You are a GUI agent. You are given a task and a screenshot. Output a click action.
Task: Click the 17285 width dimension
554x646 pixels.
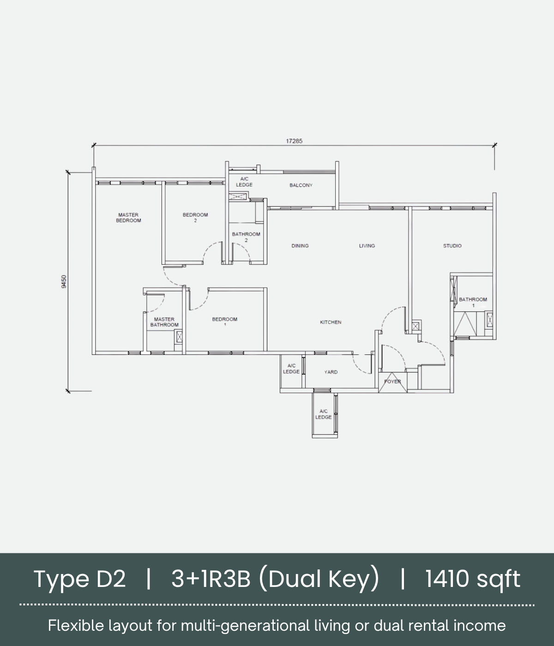coord(294,141)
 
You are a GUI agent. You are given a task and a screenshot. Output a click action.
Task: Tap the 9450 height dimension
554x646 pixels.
coord(64,281)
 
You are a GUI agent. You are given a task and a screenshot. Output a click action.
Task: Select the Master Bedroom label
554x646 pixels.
coord(128,217)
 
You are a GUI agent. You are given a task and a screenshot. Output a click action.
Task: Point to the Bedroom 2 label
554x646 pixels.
coord(195,217)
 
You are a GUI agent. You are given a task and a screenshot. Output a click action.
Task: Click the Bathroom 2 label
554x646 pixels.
coord(246,237)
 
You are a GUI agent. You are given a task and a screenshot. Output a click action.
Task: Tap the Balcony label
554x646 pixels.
coord(301,185)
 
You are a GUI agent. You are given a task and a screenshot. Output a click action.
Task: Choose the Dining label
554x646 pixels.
coord(300,246)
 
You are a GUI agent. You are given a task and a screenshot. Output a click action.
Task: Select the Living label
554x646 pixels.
coord(367,246)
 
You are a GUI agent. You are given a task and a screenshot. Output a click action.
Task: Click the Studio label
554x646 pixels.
coord(452,246)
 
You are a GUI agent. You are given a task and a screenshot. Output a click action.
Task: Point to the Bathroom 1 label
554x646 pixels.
coord(473,302)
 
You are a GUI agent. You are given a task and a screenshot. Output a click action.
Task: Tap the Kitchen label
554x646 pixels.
coord(331,322)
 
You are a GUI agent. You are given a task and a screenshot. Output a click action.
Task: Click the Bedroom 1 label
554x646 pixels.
coord(225,322)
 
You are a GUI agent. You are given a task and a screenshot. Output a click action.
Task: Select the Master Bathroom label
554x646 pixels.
coord(164,322)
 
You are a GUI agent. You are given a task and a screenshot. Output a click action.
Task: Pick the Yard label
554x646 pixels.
coord(331,372)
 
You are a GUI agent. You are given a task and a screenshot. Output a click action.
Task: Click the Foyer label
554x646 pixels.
coord(393,382)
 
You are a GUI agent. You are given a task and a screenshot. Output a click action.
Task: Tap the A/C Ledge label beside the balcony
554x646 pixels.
coord(244,182)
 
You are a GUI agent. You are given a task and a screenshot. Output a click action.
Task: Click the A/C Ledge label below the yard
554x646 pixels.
coord(324,414)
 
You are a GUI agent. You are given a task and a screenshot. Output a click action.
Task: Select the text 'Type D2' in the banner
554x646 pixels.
coord(80,579)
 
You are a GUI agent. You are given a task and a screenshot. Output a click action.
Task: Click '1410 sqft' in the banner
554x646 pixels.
coord(473,579)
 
